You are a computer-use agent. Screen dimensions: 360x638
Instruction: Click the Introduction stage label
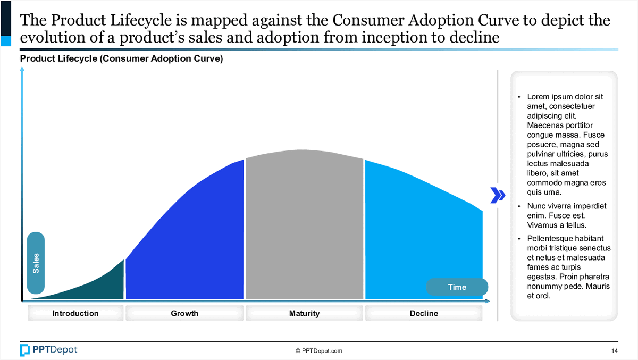75,313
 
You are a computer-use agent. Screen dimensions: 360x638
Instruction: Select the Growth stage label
184,313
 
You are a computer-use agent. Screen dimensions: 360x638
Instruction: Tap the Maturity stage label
304,313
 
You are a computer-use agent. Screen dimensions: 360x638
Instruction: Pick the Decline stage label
424,313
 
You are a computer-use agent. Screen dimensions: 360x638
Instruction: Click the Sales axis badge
36,263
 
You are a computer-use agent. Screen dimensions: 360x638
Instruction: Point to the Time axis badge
457,287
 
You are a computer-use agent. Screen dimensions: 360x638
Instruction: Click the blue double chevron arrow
497,196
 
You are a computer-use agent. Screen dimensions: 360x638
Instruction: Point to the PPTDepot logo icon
25,350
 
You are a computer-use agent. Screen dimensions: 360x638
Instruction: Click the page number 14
615,350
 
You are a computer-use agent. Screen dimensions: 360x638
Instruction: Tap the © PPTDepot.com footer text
319,350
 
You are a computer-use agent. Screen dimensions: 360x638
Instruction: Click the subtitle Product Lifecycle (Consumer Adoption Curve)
121,59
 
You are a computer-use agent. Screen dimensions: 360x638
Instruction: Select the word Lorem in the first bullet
538,97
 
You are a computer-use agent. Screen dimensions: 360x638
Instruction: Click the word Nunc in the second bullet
536,206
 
